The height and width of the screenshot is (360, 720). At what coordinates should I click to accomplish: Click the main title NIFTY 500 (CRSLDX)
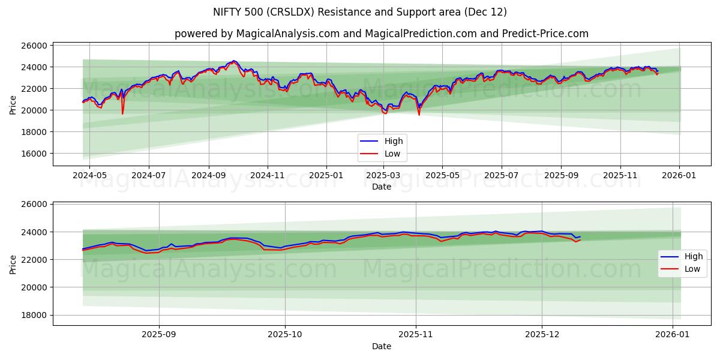coord(360,12)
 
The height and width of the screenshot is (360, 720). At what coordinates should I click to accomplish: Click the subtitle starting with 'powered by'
coord(382,34)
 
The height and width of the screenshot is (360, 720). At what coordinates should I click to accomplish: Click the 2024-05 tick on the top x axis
coord(89,175)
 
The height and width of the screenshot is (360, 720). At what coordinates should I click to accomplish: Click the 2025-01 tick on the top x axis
coord(326,175)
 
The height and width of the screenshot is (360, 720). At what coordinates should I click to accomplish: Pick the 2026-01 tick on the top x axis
coord(680,175)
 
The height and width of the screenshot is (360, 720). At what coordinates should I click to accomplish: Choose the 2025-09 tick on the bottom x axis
coord(159,335)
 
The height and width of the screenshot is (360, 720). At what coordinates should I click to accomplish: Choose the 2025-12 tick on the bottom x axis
coord(542,335)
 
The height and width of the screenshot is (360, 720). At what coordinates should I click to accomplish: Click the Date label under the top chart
coord(382,187)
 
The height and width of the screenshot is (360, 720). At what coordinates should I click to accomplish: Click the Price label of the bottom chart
coord(13,264)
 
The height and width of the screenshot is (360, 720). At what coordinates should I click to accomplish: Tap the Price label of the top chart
coord(13,104)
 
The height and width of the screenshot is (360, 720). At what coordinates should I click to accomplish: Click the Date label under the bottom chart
coord(382,346)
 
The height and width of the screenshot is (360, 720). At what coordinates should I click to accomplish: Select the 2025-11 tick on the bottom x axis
coord(416,335)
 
